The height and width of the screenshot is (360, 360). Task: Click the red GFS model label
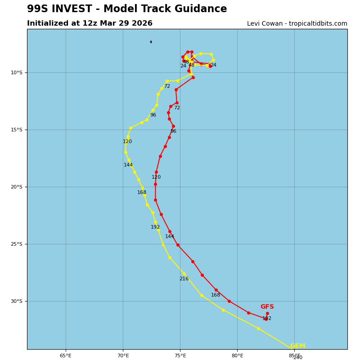[x=267, y=307]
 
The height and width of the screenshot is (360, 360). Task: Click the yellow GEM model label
[x=297, y=346]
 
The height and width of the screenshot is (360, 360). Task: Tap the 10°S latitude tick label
[x=17, y=72]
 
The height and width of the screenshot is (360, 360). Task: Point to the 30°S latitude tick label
[x=17, y=301]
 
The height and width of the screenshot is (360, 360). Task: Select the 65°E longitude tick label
[x=66, y=355]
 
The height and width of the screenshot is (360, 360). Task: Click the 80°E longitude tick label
[x=237, y=355]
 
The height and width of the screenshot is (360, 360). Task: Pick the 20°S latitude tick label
[x=17, y=187]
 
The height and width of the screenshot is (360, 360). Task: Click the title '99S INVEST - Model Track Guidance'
[x=127, y=9]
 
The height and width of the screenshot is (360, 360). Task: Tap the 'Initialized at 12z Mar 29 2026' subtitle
[x=90, y=23]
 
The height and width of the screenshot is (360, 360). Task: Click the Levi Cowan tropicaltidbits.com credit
[x=297, y=24]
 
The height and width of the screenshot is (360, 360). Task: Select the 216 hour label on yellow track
[x=184, y=279]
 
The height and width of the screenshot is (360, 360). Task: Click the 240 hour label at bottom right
[x=298, y=358]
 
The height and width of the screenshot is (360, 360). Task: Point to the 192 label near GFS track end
[x=267, y=319]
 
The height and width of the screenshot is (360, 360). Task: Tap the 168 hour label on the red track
[x=216, y=295]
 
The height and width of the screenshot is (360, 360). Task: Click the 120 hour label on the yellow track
[x=127, y=142]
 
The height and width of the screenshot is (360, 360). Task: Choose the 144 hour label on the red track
[x=170, y=237]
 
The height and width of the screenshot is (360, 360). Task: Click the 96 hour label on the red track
[x=173, y=131]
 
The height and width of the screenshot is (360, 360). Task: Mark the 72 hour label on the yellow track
[x=167, y=86]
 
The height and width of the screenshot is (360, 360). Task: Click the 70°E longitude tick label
[x=123, y=355]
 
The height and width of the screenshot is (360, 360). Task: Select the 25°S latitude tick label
[x=17, y=244]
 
